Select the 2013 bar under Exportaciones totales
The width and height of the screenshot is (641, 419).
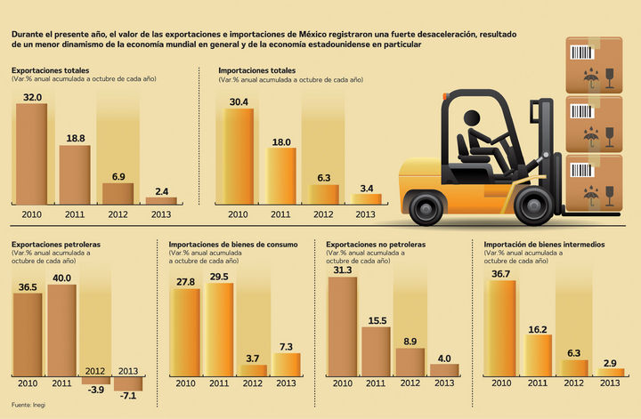pos(161,201)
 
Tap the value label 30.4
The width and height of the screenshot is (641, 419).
pos(239,101)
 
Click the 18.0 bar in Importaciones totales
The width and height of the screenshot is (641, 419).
pos(281,176)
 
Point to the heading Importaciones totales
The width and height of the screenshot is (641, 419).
pos(257,70)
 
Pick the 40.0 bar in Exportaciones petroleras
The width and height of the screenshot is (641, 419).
pos(61,329)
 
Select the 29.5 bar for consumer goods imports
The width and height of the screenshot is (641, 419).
pos(219,329)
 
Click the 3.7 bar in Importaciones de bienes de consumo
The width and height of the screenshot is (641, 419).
pos(253,370)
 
